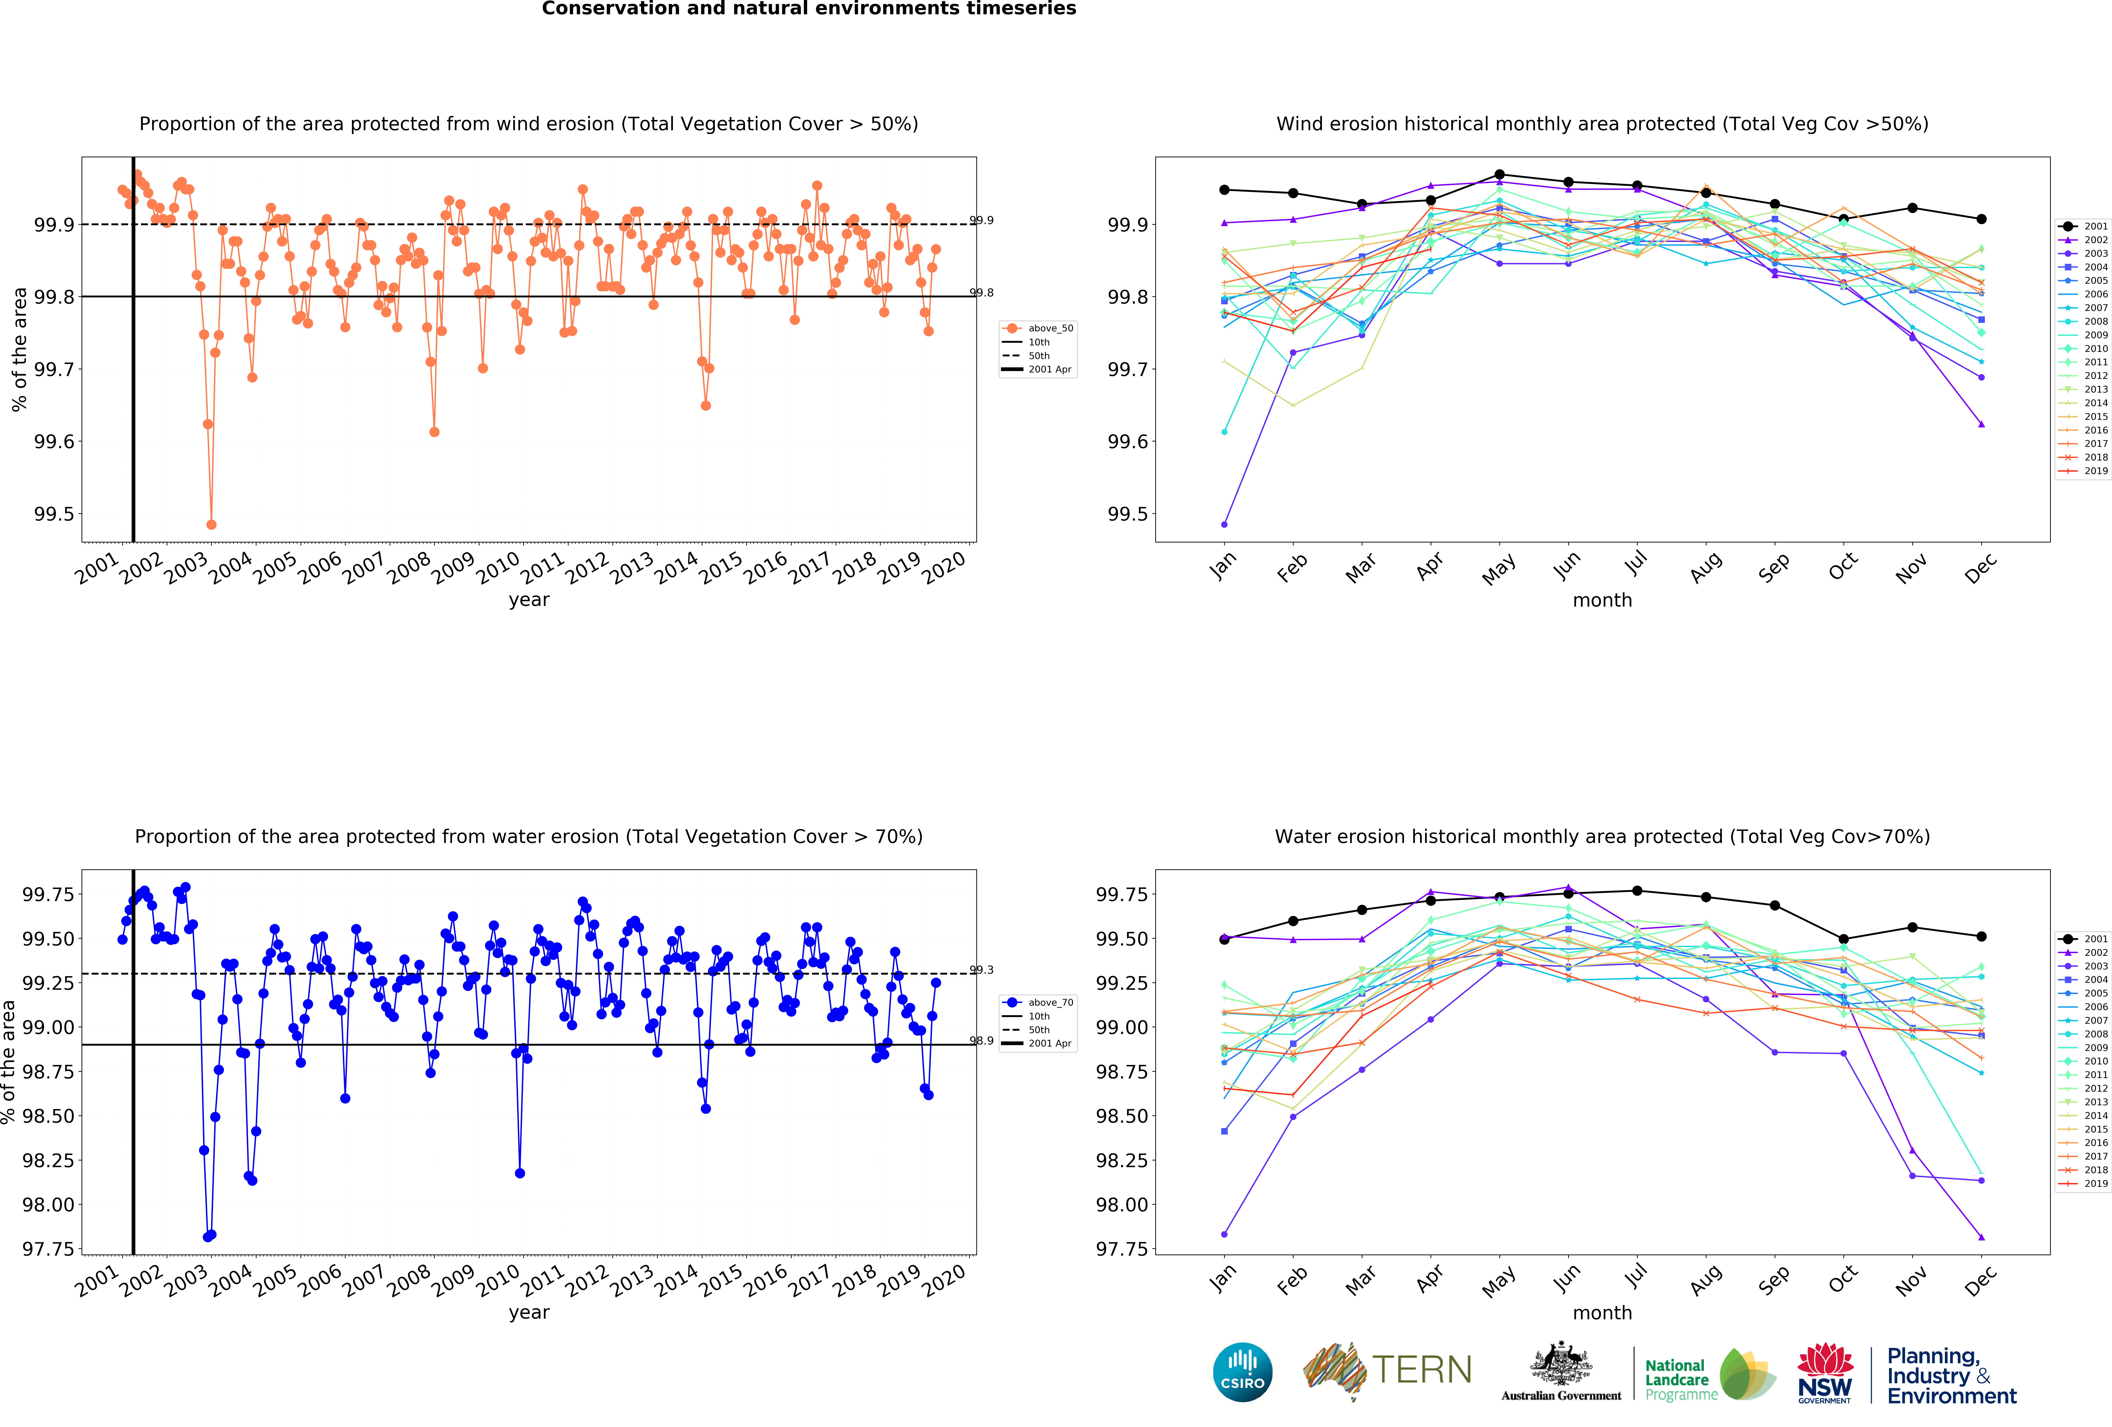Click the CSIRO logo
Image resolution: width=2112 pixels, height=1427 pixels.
pos(1242,1372)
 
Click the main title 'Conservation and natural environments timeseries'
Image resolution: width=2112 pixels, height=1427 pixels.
pos(809,9)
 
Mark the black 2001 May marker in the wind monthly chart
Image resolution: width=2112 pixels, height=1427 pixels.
pos(1499,174)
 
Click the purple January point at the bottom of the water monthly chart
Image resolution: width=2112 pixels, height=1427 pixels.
pos(1224,1234)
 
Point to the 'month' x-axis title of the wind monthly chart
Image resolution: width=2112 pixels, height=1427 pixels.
pos(1602,600)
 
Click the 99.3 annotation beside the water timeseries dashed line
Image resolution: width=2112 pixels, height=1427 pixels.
pos(981,970)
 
